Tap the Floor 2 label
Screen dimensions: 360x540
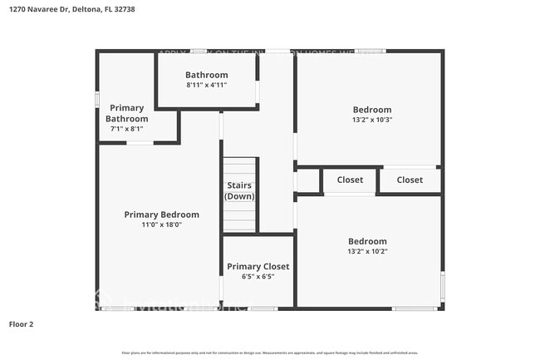click(22, 324)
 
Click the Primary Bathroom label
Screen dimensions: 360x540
click(126, 113)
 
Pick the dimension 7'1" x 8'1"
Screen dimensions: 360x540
click(126, 128)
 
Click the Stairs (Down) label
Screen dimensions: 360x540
click(239, 190)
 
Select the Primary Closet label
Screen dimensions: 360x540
click(258, 266)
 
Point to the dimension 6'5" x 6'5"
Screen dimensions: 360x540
click(258, 276)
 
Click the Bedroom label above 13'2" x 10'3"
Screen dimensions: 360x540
click(371, 109)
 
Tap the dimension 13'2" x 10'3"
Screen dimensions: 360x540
click(371, 119)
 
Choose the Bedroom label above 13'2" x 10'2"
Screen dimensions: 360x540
click(367, 241)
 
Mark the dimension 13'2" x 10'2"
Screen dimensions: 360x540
click(367, 251)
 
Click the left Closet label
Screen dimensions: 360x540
click(350, 180)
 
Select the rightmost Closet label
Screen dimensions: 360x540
click(409, 180)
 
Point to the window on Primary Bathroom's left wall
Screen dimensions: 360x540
click(97, 99)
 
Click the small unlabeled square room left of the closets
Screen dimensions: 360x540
click(307, 180)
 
